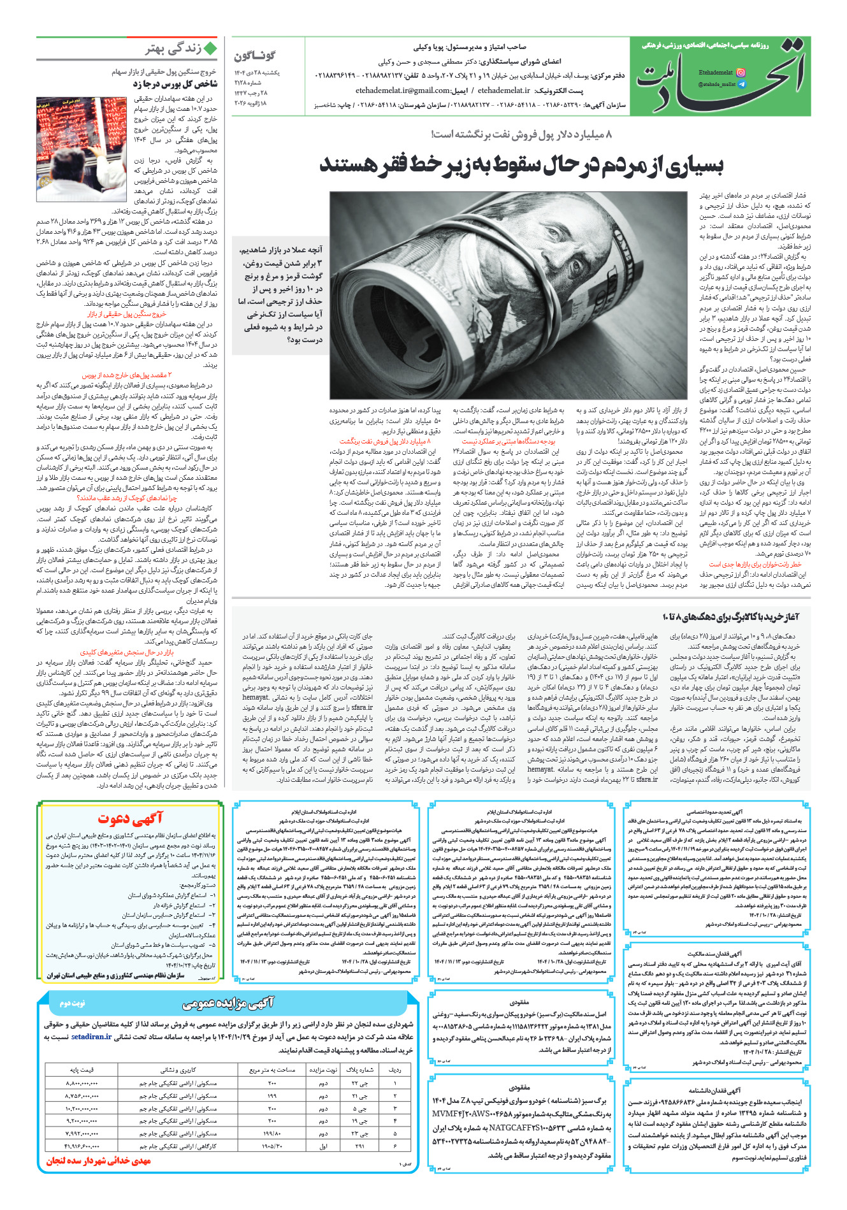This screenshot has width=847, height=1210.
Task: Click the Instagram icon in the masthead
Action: [741, 73]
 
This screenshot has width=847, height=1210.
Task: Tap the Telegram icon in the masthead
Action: [741, 84]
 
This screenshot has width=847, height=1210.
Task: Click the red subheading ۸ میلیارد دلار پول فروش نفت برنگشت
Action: [385, 441]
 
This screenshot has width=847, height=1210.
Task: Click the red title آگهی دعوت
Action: [131, 819]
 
